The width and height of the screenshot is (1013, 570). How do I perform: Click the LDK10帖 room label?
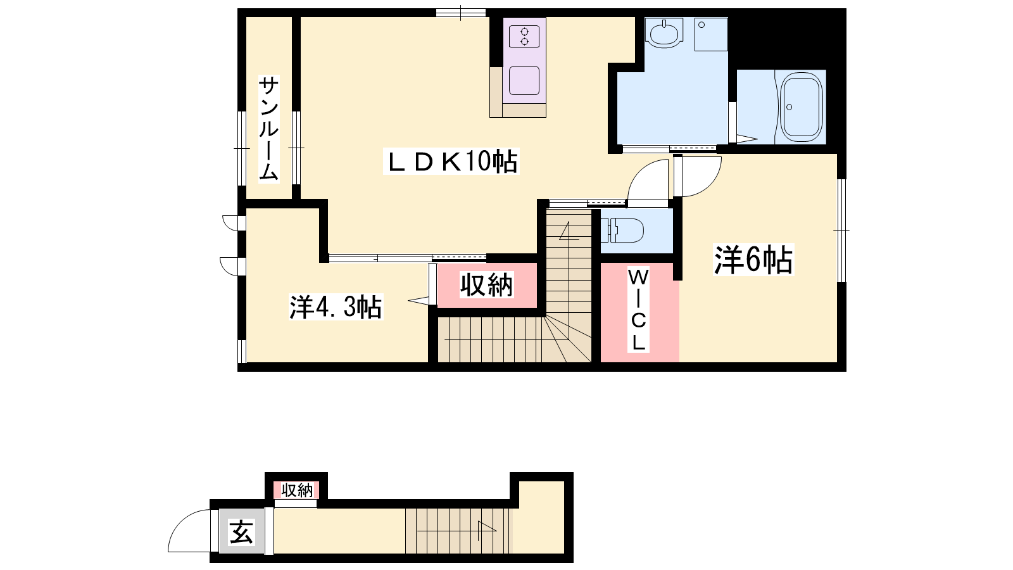coord(451,161)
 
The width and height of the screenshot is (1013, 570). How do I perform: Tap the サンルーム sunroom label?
coord(268,129)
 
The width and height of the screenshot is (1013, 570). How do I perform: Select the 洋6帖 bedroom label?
coord(753,260)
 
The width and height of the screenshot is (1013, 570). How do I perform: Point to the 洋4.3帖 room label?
coord(336,307)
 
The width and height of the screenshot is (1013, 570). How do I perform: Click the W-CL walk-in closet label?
coord(639,310)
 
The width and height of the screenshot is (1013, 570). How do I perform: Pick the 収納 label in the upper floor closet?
coord(487,284)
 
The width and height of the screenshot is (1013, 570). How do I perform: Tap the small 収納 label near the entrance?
coord(297,490)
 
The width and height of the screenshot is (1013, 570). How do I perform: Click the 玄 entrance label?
coord(241,531)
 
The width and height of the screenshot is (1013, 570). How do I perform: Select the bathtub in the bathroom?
coord(802,108)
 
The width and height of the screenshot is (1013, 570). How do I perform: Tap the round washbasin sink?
coord(664,34)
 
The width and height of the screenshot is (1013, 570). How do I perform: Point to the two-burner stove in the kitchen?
coord(524,37)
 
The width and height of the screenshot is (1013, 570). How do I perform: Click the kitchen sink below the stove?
coord(524,80)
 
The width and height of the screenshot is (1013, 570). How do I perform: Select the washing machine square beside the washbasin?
coord(712,34)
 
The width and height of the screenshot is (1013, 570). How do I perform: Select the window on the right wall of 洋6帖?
coord(841,231)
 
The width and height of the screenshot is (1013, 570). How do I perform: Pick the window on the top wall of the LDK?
coord(461,12)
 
